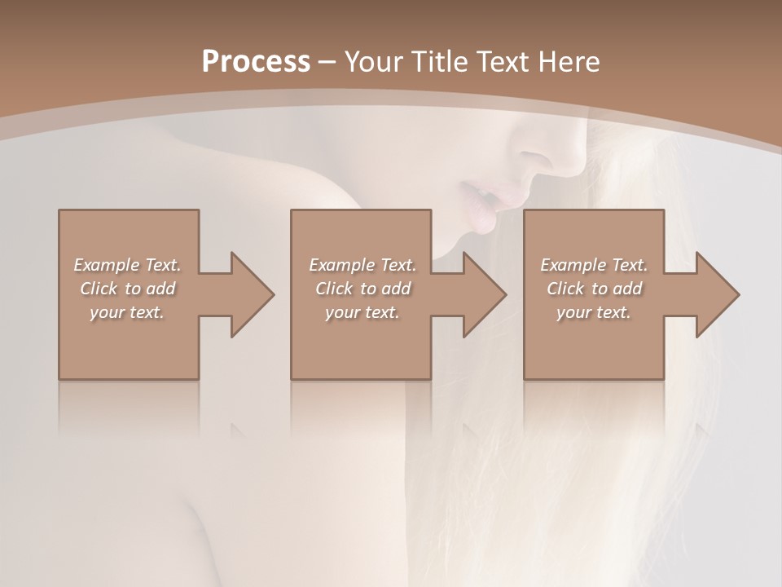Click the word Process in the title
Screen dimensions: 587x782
(x=256, y=61)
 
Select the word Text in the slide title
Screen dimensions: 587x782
(x=503, y=61)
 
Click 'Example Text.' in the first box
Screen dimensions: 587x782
(x=128, y=265)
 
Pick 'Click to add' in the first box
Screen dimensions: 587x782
(x=128, y=289)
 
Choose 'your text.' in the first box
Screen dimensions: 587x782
(x=128, y=312)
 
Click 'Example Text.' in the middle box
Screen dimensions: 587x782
(x=362, y=265)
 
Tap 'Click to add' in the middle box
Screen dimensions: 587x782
(x=362, y=289)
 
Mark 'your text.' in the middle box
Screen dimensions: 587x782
(x=362, y=312)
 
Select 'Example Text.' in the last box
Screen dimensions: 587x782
(x=594, y=265)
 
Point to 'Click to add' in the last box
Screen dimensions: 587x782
(x=594, y=289)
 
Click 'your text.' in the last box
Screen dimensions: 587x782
(x=594, y=312)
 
